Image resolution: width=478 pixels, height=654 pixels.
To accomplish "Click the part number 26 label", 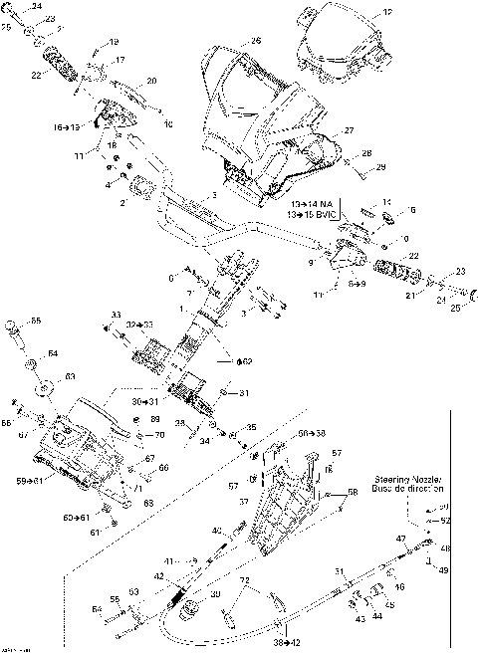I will click(256, 41).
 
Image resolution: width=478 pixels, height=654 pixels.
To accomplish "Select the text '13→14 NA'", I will click(310, 204).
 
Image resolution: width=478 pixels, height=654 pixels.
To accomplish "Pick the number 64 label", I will click(52, 353).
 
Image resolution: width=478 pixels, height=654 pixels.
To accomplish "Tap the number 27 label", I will click(349, 131).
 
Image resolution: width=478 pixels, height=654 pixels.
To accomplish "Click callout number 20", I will click(151, 81).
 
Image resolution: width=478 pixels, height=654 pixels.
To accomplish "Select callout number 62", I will click(246, 361).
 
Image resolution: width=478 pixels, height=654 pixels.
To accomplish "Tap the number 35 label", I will click(251, 427).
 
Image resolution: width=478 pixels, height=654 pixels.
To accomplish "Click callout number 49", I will click(444, 569).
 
